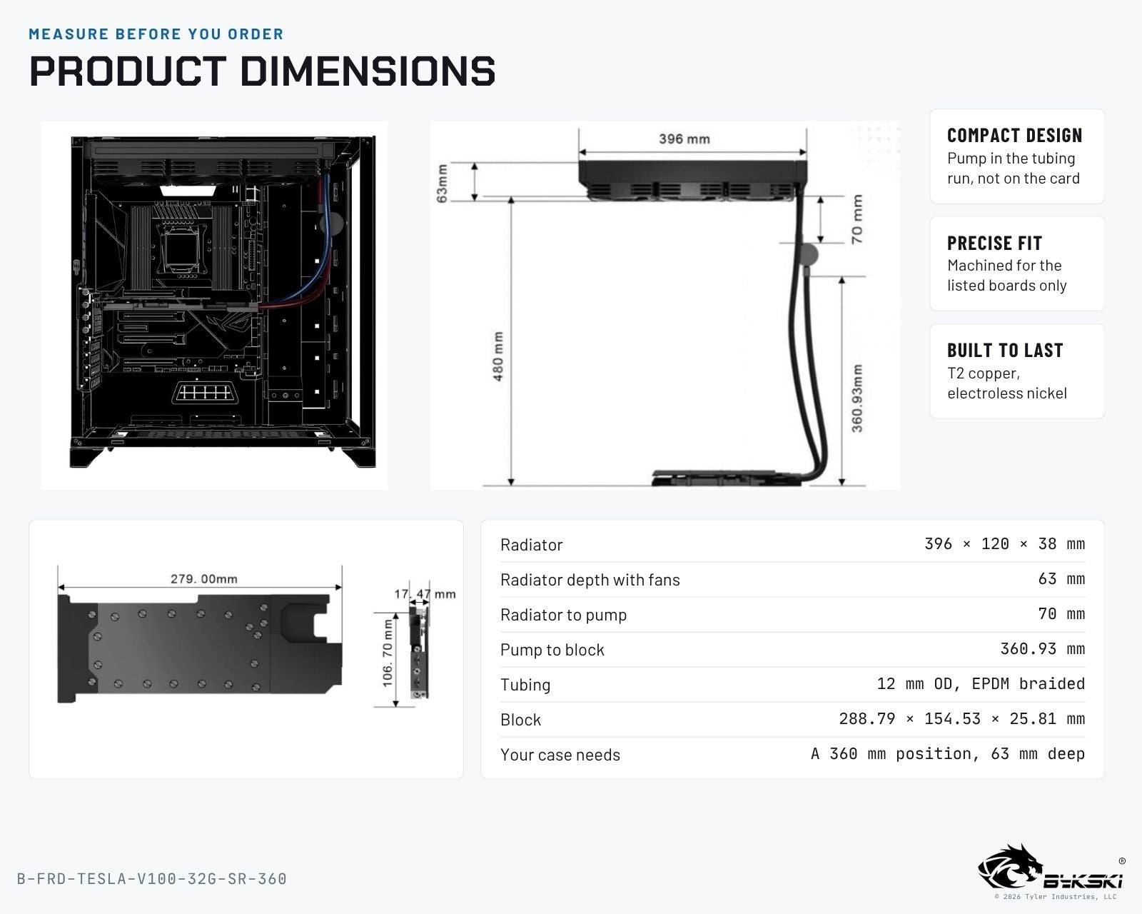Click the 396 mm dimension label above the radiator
point(684,139)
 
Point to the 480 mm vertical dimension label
point(497,356)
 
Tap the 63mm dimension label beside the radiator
point(442,184)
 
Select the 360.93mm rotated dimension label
point(857,398)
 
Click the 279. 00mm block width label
point(204,579)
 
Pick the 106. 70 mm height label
point(388,653)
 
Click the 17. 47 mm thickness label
point(425,594)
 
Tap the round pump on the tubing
point(808,254)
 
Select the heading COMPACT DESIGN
point(1014,136)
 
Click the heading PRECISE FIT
point(994,243)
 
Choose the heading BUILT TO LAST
point(1005,351)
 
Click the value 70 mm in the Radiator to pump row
point(1061,614)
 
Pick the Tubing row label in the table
point(525,685)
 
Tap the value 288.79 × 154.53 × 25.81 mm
point(961,719)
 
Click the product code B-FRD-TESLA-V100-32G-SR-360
point(152,879)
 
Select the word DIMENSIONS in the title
point(368,71)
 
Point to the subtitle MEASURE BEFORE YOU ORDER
point(156,34)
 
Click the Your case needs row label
point(560,755)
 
